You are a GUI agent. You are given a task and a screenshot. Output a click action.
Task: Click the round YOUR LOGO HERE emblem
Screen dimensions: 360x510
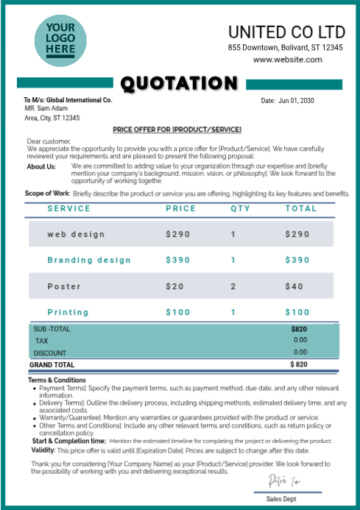click(x=60, y=40)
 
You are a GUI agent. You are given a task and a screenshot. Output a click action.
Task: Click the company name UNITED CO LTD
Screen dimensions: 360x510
click(x=286, y=32)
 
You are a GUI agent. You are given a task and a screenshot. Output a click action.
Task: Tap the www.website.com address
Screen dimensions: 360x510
click(x=288, y=60)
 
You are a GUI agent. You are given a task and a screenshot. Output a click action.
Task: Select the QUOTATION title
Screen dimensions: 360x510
click(x=179, y=84)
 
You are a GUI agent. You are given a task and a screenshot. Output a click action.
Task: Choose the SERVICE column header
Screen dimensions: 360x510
click(x=69, y=208)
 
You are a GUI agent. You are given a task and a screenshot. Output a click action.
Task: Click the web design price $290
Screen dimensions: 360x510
click(x=177, y=234)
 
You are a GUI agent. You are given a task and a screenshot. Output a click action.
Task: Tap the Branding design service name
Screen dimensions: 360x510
click(x=89, y=260)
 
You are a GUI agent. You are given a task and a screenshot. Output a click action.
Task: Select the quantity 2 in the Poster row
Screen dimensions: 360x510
click(x=233, y=286)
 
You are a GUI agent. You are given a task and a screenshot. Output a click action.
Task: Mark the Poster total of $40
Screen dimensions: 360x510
click(x=294, y=286)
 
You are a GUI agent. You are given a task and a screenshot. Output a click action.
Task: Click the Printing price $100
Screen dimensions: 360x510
click(x=177, y=312)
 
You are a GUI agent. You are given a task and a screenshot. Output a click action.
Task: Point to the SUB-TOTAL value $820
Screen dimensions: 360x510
click(x=299, y=328)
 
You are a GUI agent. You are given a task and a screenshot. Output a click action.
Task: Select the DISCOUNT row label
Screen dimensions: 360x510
click(x=50, y=353)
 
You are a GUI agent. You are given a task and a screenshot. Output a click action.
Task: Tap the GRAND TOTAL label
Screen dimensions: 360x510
click(x=52, y=364)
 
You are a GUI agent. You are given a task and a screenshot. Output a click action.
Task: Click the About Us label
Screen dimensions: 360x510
click(x=41, y=166)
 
